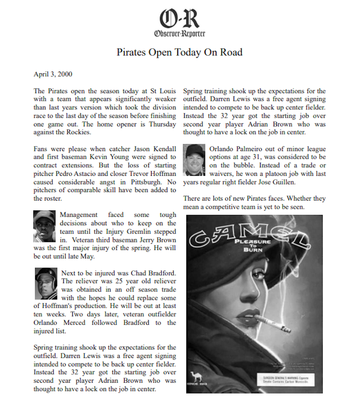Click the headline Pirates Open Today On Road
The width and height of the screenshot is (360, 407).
pyautogui.click(x=180, y=52)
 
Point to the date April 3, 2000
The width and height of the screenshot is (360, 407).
pyautogui.click(x=53, y=74)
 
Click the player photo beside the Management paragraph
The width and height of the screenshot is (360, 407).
pyautogui.click(x=45, y=227)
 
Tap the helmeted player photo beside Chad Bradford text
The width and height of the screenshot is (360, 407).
pyautogui.click(x=46, y=283)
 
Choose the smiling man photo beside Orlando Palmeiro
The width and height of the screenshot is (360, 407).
pyautogui.click(x=195, y=160)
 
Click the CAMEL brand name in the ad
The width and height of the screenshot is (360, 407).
pyautogui.click(x=245, y=234)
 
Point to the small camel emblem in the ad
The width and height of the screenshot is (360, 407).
pyautogui.click(x=196, y=376)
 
